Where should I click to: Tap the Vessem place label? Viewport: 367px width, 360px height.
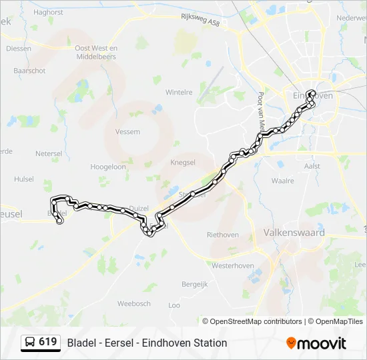click(127, 132)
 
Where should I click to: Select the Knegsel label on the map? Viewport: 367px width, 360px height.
click(183, 162)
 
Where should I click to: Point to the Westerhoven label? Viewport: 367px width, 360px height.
click(230, 265)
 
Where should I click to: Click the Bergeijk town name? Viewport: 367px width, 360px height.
click(195, 283)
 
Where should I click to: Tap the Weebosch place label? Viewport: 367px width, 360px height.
click(134, 303)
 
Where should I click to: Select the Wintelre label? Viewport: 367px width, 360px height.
click(179, 92)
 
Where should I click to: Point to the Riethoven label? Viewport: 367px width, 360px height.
click(223, 235)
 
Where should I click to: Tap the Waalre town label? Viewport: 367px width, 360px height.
click(283, 181)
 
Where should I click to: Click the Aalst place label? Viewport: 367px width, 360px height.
click(312, 166)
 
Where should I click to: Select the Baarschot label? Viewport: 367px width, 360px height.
click(29, 70)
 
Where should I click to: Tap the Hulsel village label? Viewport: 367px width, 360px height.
click(23, 179)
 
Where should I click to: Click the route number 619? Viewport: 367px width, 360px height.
click(47, 342)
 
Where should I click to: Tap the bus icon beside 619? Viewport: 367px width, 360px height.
click(30, 343)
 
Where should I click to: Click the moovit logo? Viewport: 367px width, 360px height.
click(316, 343)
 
